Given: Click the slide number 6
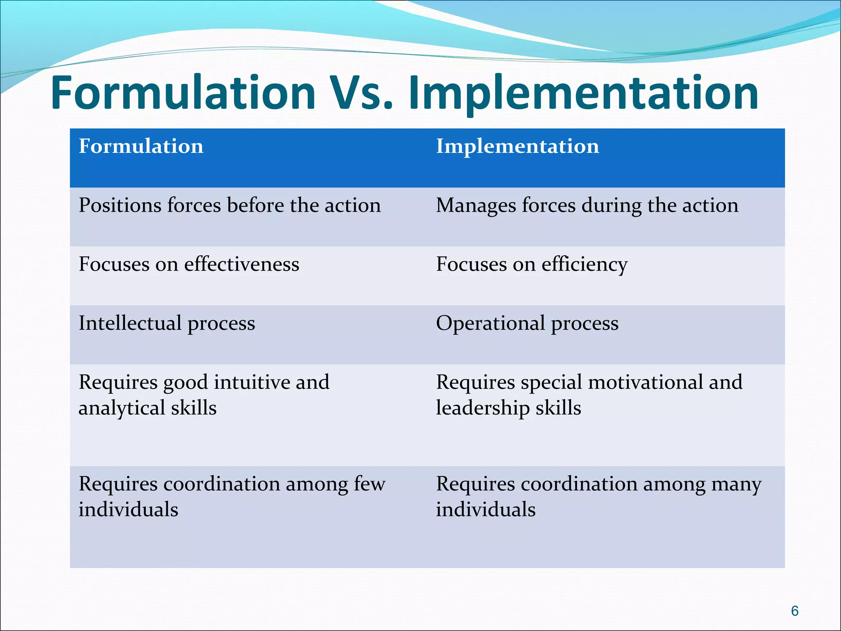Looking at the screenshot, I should click(x=795, y=611).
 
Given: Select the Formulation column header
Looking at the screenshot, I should click(x=141, y=146).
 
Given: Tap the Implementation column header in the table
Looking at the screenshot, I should click(x=517, y=146).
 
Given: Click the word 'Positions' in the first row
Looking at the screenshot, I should click(x=119, y=205).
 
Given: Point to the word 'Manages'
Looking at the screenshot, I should click(x=476, y=206).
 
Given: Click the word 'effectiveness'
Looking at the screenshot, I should click(x=241, y=264).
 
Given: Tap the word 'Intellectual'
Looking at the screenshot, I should click(x=130, y=323).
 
